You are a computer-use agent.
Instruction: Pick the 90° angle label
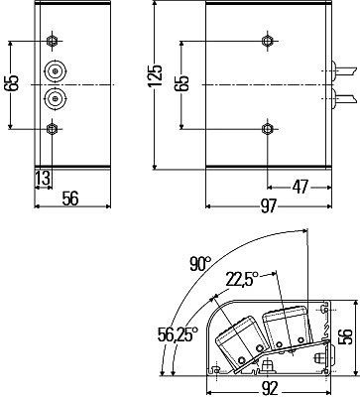(x=201, y=264)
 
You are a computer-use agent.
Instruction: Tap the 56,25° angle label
(x=177, y=335)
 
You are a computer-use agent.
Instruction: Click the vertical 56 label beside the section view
(x=346, y=335)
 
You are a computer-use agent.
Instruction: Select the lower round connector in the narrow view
(x=54, y=99)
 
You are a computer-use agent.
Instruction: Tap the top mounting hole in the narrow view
(x=53, y=41)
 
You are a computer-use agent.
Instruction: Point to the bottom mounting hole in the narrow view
(x=53, y=129)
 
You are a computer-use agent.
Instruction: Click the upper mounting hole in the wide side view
(x=265, y=41)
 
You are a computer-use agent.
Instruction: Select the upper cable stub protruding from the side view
(x=341, y=71)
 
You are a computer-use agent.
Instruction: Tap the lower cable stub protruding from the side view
(x=341, y=98)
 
